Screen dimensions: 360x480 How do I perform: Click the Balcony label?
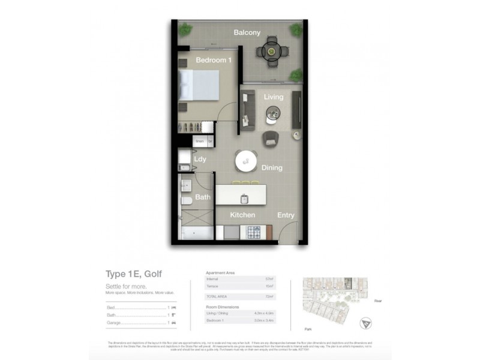247,32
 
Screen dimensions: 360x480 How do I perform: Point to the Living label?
274,97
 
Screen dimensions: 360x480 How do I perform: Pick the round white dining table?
247,160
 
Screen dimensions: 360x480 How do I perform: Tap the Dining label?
272,168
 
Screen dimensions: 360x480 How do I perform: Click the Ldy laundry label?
200,159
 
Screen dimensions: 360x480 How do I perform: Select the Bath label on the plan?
202,197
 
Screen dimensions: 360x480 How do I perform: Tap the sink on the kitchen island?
245,198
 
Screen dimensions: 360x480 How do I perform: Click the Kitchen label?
243,215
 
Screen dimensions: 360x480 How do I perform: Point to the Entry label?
286,215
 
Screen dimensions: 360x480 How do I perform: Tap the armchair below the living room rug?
271,137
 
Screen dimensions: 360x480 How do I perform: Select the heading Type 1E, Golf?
133,274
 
